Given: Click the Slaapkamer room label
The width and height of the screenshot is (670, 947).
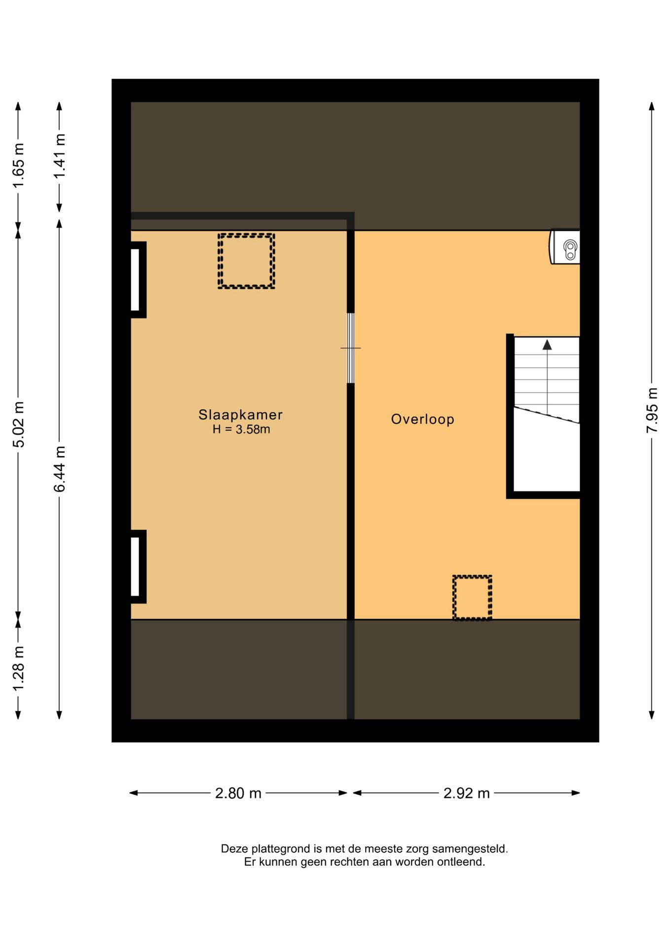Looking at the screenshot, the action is point(240,415).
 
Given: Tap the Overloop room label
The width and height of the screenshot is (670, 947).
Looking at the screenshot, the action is point(422,419).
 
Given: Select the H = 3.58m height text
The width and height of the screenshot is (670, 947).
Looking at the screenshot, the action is point(241,429).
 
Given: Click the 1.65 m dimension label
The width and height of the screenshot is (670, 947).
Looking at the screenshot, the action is point(18,166).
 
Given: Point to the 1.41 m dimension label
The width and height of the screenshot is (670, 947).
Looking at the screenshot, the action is point(59,156).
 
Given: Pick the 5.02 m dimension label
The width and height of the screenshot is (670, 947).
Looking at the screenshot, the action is point(18,425).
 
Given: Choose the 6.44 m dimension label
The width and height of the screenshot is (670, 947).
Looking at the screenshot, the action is point(59,469).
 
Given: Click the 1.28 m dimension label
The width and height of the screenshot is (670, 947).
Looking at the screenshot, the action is point(18,669).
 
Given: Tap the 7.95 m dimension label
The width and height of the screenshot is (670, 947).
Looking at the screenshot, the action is point(652,410).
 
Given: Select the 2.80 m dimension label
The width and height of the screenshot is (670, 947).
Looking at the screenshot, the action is point(238,793).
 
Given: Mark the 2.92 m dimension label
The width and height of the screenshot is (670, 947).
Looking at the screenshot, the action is point(466,793).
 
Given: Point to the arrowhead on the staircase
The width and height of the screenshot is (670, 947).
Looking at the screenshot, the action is point(547,345).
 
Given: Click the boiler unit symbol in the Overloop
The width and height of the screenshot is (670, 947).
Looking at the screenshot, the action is point(565,247).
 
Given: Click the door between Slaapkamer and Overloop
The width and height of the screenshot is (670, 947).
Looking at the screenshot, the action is point(351,348).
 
